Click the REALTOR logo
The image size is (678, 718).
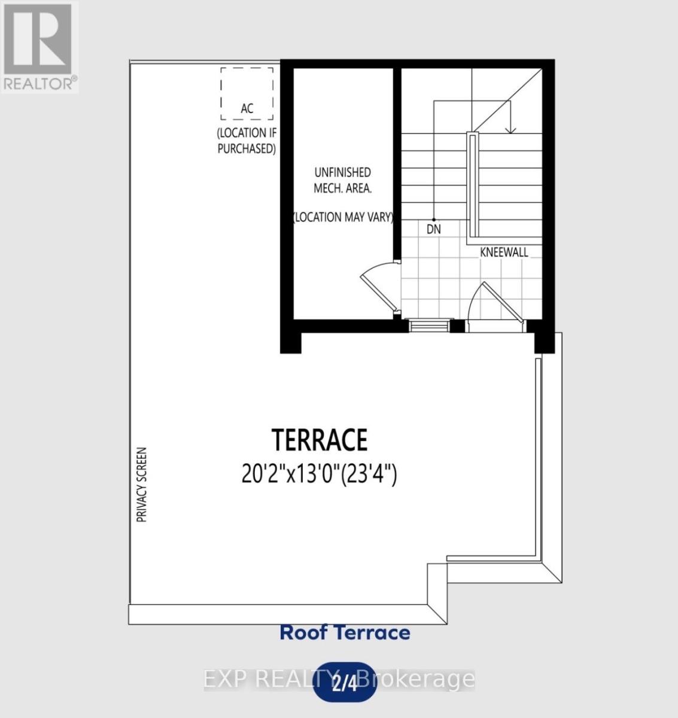pyautogui.click(x=39, y=47)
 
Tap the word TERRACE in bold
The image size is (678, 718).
pyautogui.click(x=320, y=440)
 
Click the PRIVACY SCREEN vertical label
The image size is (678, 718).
pyautogui.click(x=142, y=485)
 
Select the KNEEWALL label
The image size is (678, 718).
pyautogui.click(x=504, y=252)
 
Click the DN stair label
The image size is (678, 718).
pyautogui.click(x=434, y=229)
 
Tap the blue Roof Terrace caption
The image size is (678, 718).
pyautogui.click(x=345, y=632)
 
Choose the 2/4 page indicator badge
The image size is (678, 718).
pyautogui.click(x=345, y=682)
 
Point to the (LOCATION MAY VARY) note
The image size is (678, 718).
pyautogui.click(x=343, y=217)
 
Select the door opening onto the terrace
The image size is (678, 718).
pyautogui.click(x=494, y=305)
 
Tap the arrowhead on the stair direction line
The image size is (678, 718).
pyautogui.click(x=510, y=129)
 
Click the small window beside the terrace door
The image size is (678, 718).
pyautogui.click(x=428, y=325)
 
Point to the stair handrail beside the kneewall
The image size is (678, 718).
pyautogui.click(x=473, y=185)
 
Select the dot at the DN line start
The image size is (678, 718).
pyautogui.click(x=434, y=220)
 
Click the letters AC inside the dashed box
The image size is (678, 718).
pyautogui.click(x=247, y=108)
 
